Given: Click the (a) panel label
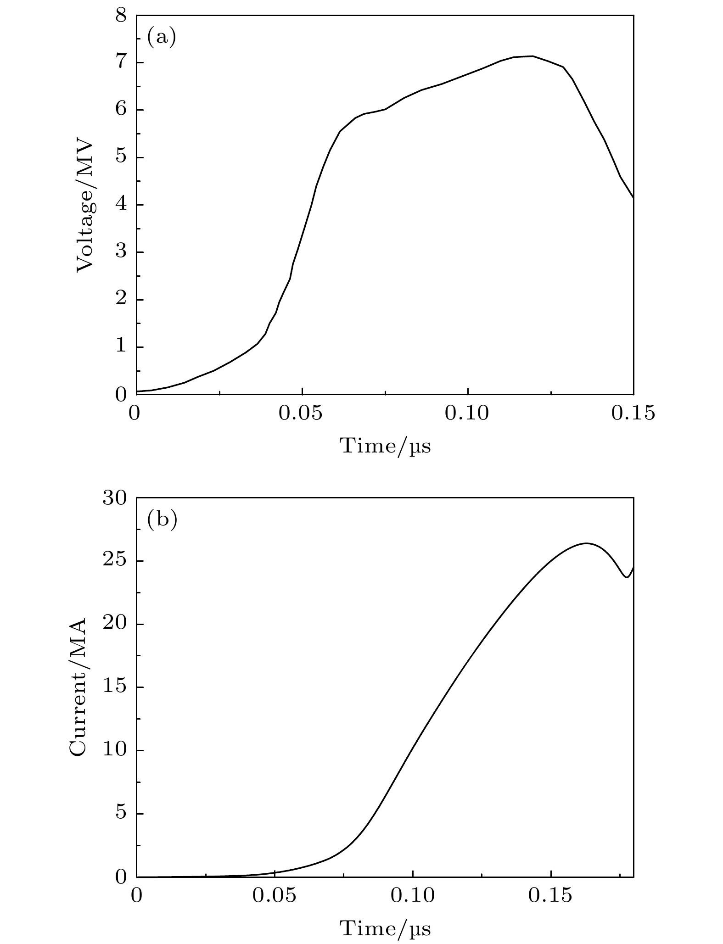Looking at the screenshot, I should pyautogui.click(x=161, y=37).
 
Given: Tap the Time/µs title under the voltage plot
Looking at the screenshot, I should pyautogui.click(x=385, y=446).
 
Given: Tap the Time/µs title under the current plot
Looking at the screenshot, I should pyautogui.click(x=385, y=928).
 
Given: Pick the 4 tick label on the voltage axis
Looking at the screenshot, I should pyautogui.click(x=121, y=205).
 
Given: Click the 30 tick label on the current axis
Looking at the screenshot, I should pyautogui.click(x=114, y=498).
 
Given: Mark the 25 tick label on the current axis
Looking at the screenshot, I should pyautogui.click(x=114, y=561).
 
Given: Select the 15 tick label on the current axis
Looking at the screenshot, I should pyautogui.click(x=114, y=687).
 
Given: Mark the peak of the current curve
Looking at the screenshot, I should pyautogui.click(x=586, y=543).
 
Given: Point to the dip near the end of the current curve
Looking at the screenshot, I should pyautogui.click(x=626, y=577).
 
